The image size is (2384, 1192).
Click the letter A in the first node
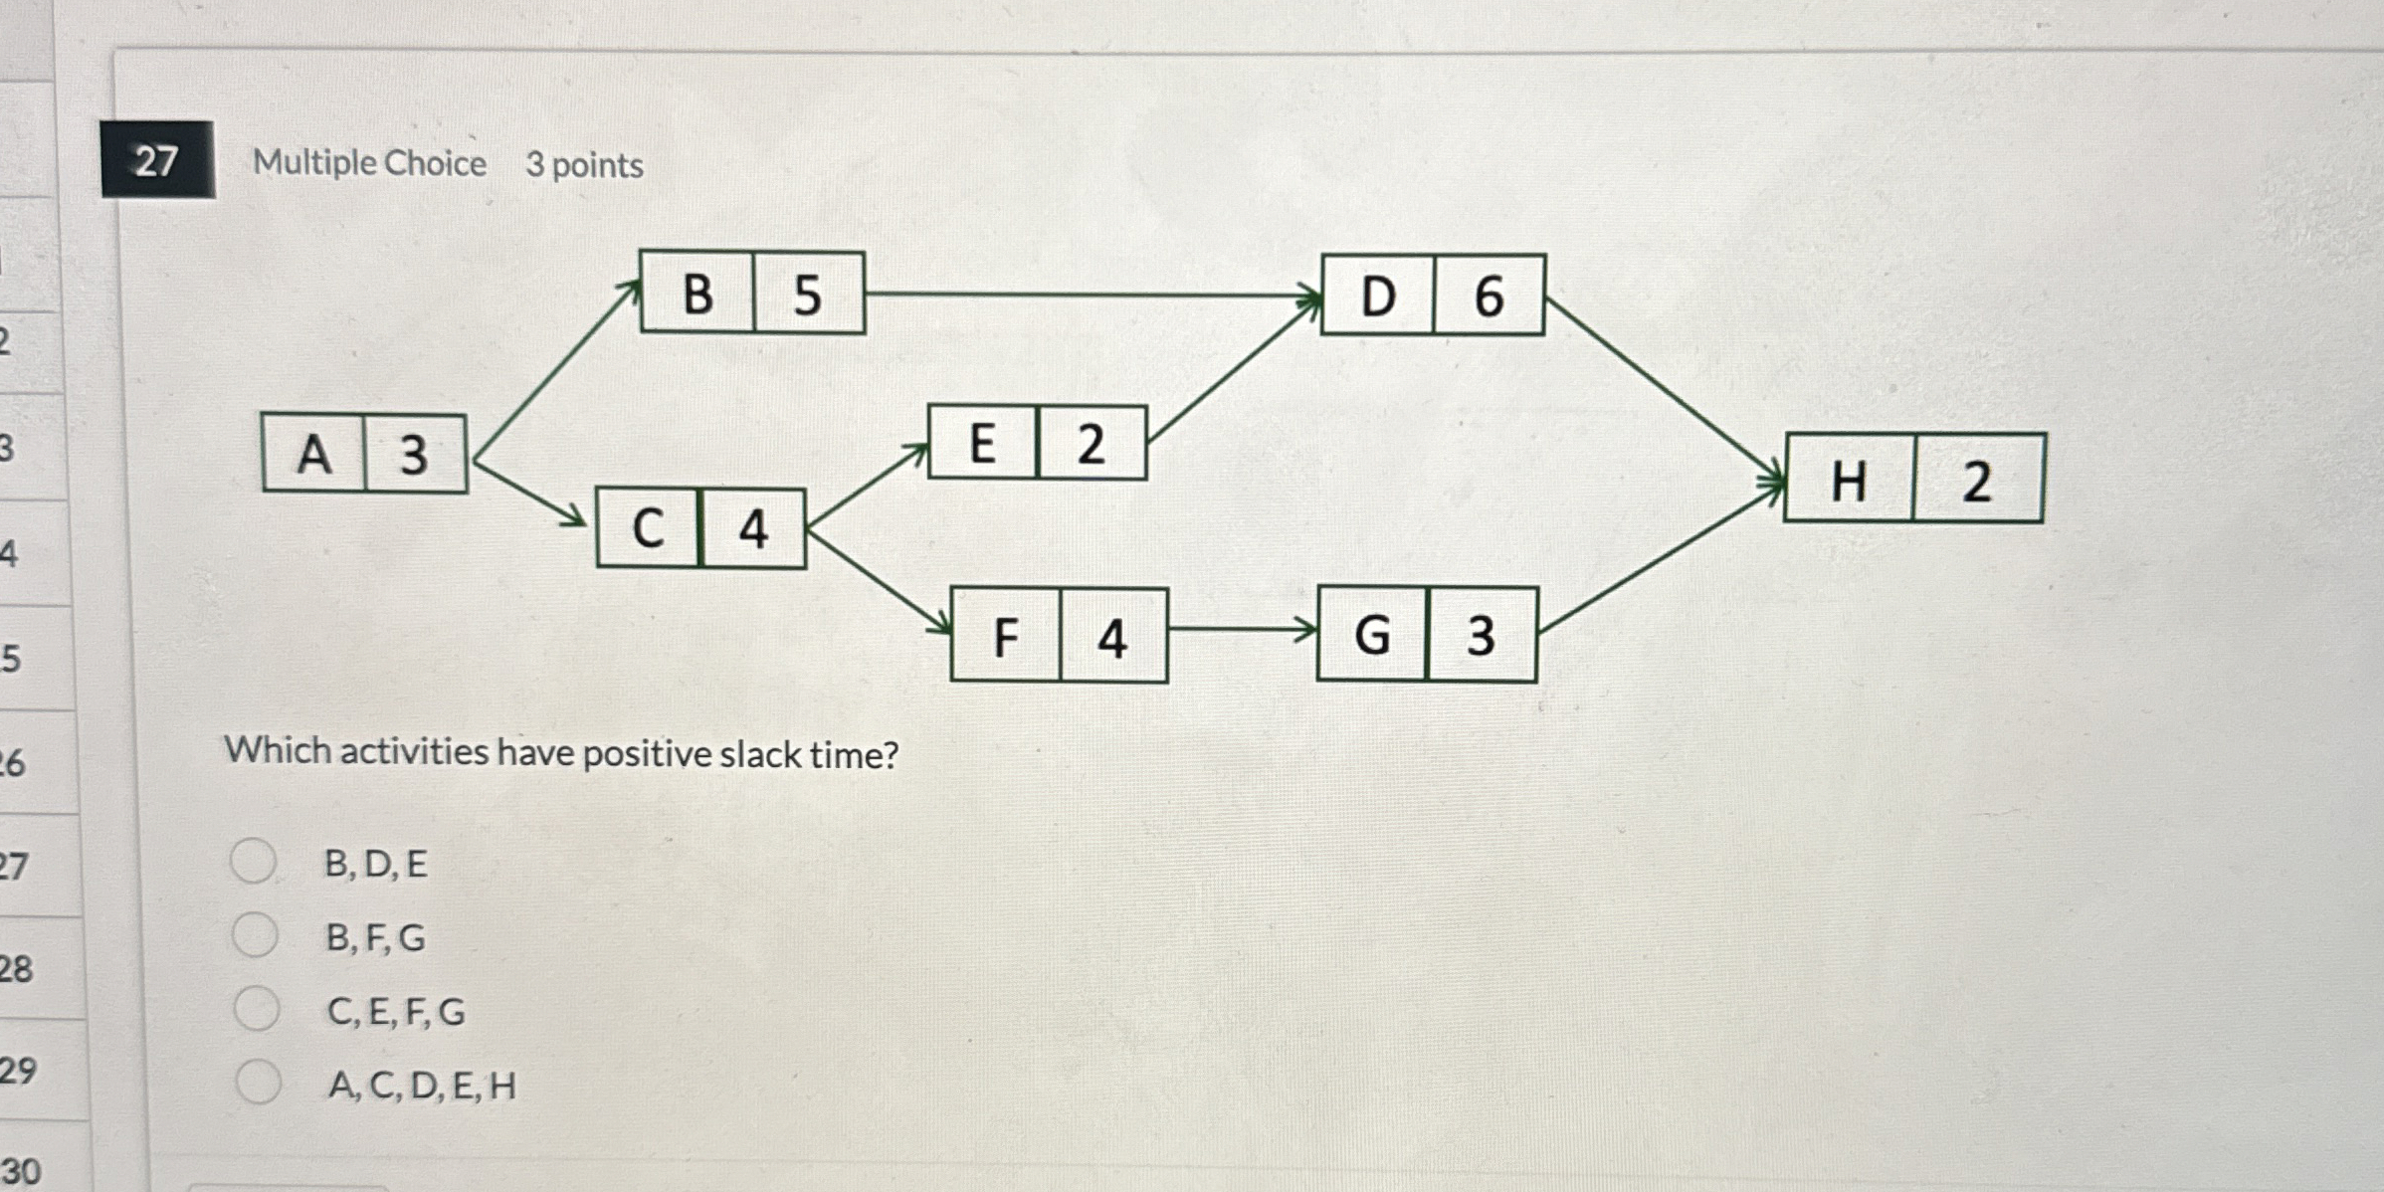pyautogui.click(x=314, y=456)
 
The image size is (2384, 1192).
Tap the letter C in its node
pyautogui.click(x=648, y=528)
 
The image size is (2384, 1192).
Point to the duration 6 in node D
pyautogui.click(x=1489, y=297)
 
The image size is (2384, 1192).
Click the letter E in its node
pyautogui.click(x=982, y=444)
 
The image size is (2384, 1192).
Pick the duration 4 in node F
pyautogui.click(x=1112, y=638)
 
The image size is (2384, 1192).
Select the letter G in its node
pyautogui.click(x=1372, y=635)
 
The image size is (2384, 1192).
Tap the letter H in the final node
pyautogui.click(x=1849, y=483)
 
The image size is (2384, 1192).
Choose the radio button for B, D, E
pyautogui.click(x=253, y=862)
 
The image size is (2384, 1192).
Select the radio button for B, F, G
pyautogui.click(x=255, y=935)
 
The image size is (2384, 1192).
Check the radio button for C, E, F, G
pyautogui.click(x=257, y=1009)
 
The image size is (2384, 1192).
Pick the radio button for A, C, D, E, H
pyautogui.click(x=259, y=1083)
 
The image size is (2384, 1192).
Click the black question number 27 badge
pyautogui.click(x=157, y=160)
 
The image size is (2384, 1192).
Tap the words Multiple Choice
pyautogui.click(x=369, y=163)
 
